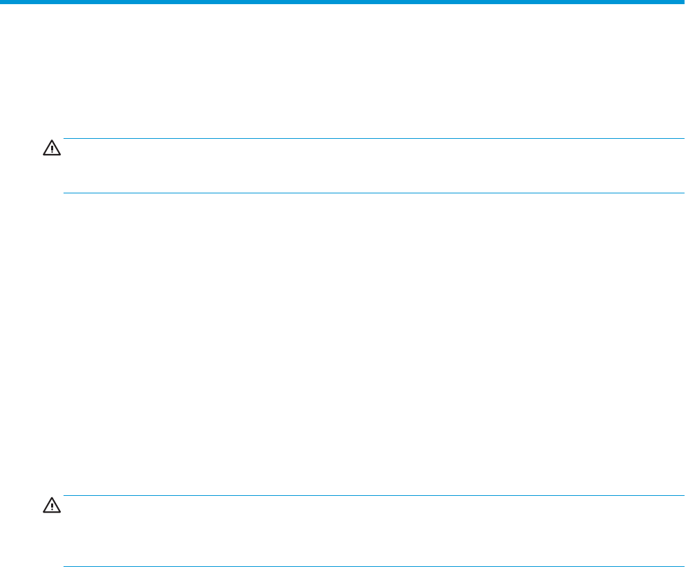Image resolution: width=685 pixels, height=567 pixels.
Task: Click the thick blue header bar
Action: pos(342,2)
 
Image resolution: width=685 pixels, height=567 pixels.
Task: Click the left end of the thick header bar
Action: pos(2,2)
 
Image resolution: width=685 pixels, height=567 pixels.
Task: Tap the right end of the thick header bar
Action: pos(682,2)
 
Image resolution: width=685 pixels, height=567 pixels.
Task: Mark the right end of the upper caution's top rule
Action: pos(673,139)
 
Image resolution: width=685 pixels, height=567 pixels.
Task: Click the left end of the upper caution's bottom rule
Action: pos(64,193)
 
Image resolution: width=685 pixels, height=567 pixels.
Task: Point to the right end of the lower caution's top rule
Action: pos(673,495)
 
